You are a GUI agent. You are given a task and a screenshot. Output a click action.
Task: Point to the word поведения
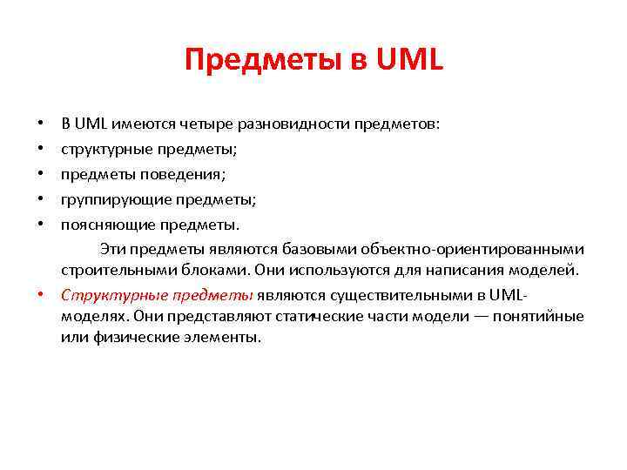180,174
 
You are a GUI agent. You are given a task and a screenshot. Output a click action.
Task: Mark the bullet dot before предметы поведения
42,174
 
